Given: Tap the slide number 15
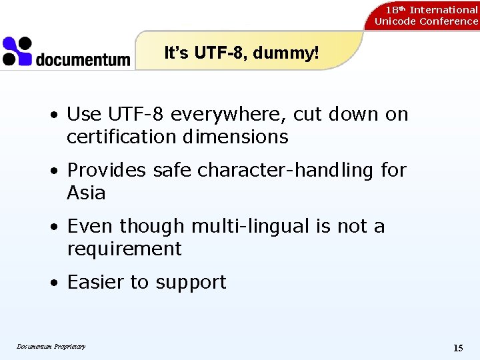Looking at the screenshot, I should [458, 347].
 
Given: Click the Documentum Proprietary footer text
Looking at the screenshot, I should [51, 346].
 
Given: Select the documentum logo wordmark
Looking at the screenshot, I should [83, 59].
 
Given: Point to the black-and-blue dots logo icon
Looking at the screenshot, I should [17, 51].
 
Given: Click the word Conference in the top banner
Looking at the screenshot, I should [449, 21].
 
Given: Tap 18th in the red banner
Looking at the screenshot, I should [396, 9].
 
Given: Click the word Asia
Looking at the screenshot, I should [86, 193].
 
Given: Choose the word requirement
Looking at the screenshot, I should [124, 249].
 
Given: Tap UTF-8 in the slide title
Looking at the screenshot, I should [219, 53].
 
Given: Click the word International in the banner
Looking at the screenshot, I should [443, 9].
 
